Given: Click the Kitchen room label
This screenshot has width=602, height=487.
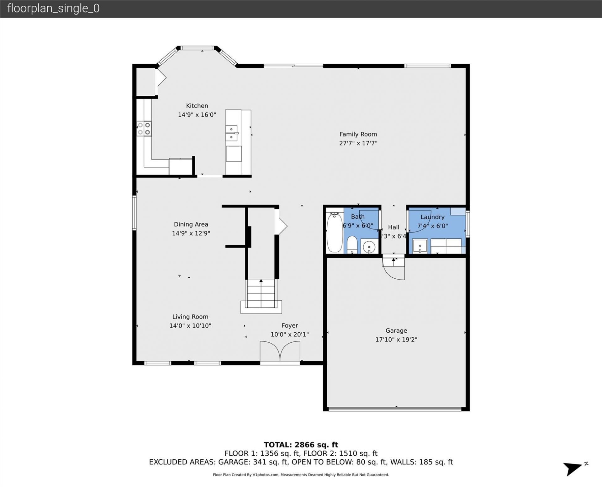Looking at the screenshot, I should (197, 106).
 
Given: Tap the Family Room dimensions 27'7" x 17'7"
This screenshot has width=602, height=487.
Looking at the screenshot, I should (358, 143).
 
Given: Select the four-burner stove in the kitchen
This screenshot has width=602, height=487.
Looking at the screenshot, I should (144, 129).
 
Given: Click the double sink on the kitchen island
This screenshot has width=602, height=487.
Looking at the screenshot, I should (232, 133).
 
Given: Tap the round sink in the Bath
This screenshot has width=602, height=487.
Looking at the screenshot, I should (369, 247).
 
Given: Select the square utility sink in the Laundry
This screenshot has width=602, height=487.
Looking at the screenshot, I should (420, 246).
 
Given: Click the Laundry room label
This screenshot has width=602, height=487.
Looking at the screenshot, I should (432, 217).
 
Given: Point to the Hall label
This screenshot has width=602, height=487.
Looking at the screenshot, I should (393, 227).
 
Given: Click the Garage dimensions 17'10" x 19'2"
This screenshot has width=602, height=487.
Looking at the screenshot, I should (396, 339).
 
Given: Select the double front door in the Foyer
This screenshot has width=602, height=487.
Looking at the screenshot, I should (280, 352).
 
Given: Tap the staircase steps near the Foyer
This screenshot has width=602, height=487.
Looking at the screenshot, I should (261, 294).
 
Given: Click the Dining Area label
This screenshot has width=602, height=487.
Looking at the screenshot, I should (191, 224).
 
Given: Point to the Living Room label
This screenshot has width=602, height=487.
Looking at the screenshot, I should (190, 317).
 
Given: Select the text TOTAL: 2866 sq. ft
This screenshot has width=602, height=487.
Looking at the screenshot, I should (301, 445).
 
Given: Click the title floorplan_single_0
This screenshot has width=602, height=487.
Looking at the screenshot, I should (53, 8).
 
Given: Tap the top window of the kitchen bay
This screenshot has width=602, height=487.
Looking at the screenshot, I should (197, 48).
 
